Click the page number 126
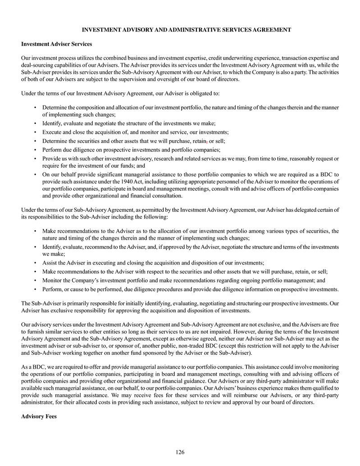(180, 452)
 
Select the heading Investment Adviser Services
(57, 44)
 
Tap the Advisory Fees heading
(39, 416)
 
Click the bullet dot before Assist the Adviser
(35, 262)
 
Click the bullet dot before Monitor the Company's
(35, 280)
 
